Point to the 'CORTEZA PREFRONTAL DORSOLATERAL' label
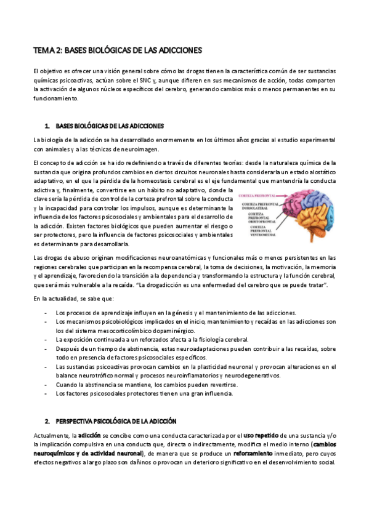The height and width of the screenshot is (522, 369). click(x=259, y=206)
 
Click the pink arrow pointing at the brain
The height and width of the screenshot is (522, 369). click(x=283, y=196)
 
